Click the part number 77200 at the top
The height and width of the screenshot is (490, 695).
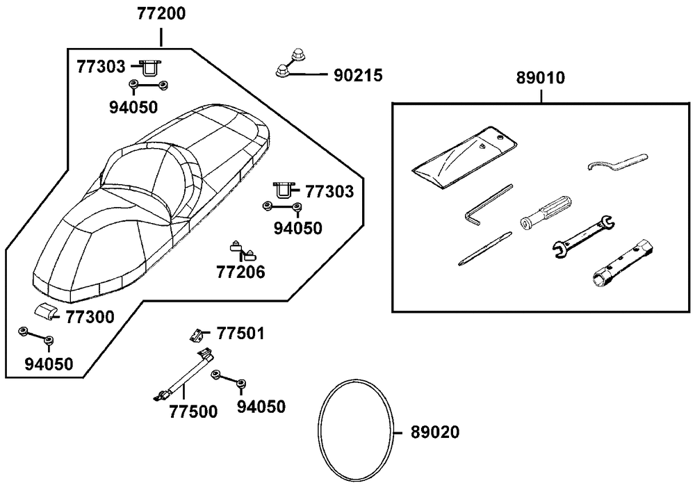point(161,14)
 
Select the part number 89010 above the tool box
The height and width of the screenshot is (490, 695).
point(541,79)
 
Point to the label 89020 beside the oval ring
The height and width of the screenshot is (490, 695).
point(435,432)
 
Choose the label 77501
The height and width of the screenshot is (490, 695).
point(240,334)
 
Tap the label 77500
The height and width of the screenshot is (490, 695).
point(193,411)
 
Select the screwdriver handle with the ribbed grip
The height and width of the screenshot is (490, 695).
point(548,211)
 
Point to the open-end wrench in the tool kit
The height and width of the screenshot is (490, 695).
point(581,236)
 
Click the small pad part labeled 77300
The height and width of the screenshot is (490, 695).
point(46,312)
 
